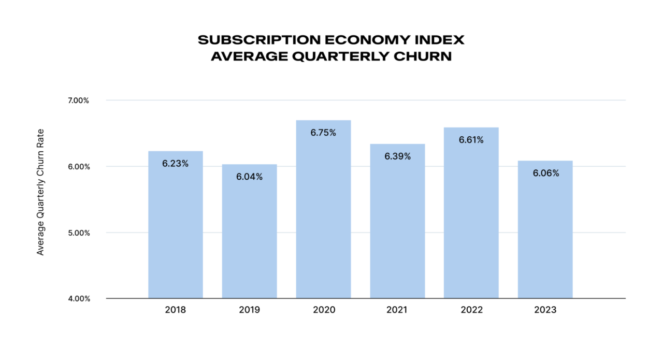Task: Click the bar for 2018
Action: click(175, 228)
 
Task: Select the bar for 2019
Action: click(249, 233)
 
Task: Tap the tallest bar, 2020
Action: click(323, 212)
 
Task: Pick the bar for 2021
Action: click(397, 223)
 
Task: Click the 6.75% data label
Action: click(323, 133)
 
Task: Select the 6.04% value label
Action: click(249, 177)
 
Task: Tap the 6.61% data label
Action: click(471, 140)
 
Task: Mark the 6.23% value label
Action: click(175, 163)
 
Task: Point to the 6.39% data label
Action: click(397, 156)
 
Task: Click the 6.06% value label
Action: click(545, 173)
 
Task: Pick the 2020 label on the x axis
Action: click(323, 310)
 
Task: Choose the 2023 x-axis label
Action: click(545, 310)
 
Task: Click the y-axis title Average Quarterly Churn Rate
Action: click(40, 192)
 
